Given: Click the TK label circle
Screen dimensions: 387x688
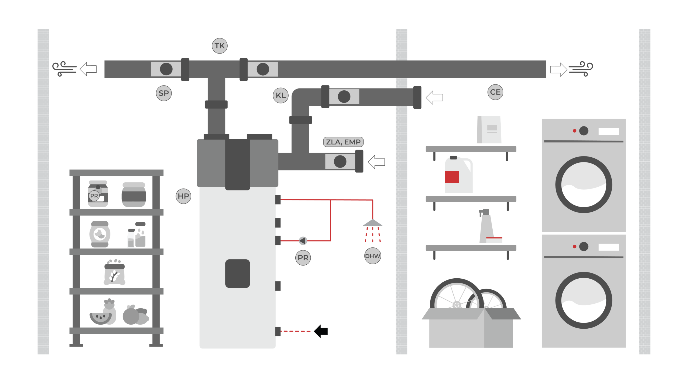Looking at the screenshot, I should click(220, 46).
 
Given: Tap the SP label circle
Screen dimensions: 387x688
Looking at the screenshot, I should click(164, 93).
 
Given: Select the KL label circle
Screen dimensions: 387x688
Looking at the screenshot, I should click(281, 95).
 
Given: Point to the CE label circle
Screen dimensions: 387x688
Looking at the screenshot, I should click(495, 92).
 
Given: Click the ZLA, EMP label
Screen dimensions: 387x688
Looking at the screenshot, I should click(343, 142).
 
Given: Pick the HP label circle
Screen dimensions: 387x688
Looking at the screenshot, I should click(183, 196).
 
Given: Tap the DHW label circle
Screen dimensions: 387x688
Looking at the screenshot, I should click(372, 256).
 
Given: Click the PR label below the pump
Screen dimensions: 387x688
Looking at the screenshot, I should click(303, 258).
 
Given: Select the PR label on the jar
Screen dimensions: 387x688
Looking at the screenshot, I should click(94, 196).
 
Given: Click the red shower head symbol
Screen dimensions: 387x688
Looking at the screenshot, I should click(372, 223).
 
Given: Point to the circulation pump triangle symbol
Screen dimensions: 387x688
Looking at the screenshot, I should click(303, 241).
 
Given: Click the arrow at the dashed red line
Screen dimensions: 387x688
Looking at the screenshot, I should click(321, 331).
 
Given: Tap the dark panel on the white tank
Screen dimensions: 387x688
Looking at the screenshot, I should click(237, 274).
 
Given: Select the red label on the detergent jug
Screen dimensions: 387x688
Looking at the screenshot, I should click(452, 177).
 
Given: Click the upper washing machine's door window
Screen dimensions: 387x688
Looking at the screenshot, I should click(583, 185).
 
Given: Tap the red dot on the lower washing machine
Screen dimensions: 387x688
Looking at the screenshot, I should click(574, 247).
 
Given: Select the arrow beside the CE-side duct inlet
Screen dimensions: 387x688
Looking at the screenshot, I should click(435, 98).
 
